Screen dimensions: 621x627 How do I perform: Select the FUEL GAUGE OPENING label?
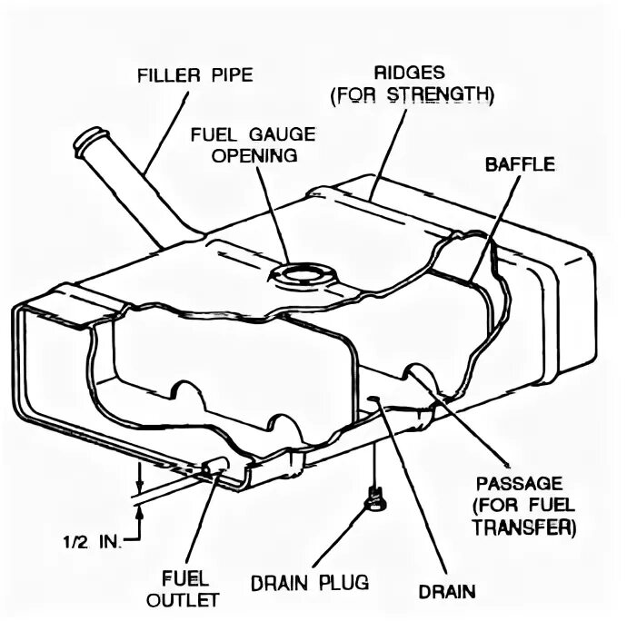click(253, 144)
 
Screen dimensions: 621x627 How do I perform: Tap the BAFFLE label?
click(519, 165)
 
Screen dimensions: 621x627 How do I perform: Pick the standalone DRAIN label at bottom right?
click(446, 593)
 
